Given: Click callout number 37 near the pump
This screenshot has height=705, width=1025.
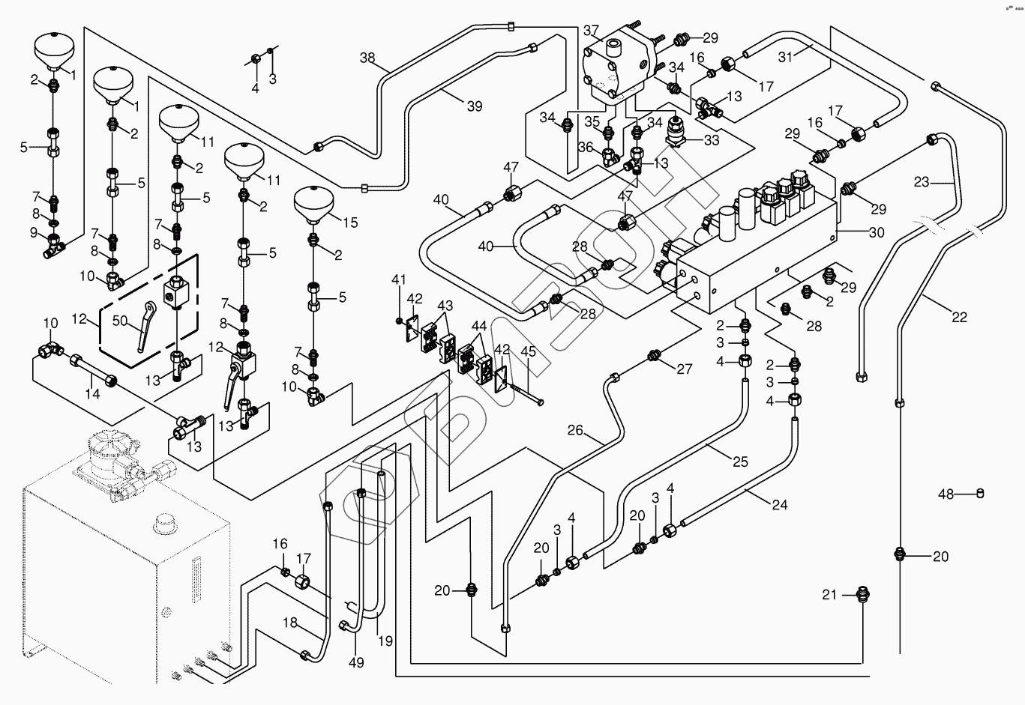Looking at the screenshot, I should click(592, 31).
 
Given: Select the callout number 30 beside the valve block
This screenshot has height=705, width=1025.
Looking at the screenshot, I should click(877, 232).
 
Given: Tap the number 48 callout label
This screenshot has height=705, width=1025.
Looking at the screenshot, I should click(946, 494).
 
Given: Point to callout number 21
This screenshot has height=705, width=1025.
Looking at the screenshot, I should click(829, 595).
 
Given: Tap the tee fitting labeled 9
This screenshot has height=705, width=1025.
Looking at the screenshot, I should click(54, 244).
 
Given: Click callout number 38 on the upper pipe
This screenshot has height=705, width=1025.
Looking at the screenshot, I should click(367, 58).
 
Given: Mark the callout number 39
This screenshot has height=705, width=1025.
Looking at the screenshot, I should click(475, 106).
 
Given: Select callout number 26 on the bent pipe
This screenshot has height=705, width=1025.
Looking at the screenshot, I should click(575, 430).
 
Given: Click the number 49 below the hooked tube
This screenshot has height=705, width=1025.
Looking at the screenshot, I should click(356, 662).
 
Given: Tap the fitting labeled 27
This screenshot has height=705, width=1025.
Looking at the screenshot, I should click(655, 354).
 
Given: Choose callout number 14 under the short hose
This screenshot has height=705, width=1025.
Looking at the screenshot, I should click(92, 394).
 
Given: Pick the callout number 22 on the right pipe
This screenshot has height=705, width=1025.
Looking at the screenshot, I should click(959, 317).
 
